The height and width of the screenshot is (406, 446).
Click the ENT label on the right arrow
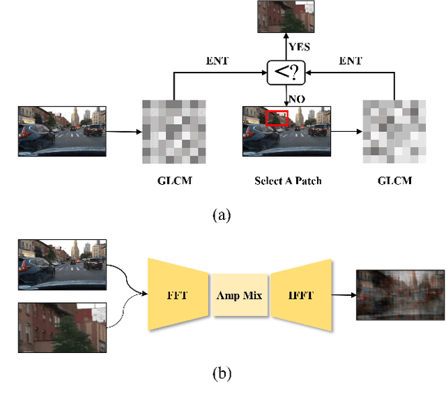(x=351, y=61)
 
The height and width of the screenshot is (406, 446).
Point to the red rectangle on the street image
(x=277, y=119)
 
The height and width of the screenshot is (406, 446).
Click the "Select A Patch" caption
(x=288, y=181)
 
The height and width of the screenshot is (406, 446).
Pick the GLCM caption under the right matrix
(x=394, y=181)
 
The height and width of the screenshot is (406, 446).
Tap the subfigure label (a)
(x=221, y=216)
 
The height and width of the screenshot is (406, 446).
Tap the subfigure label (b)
(x=221, y=373)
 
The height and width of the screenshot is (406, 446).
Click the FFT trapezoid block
(x=177, y=295)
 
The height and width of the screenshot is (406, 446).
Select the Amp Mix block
(x=240, y=295)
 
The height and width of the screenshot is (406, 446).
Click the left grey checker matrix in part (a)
(x=174, y=131)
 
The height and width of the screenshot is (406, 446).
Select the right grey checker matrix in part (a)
(x=394, y=131)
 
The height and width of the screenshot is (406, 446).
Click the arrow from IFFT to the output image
(x=344, y=295)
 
